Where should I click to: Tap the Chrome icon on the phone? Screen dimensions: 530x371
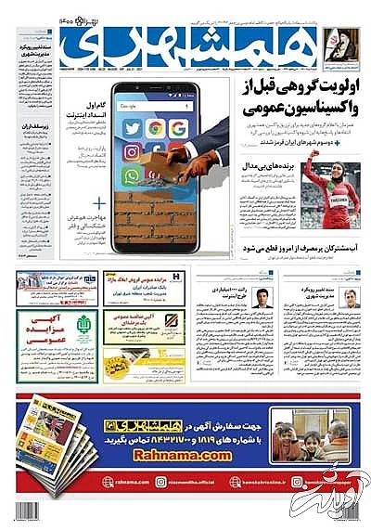point(156,127)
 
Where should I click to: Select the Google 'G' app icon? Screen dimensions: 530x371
point(177,126)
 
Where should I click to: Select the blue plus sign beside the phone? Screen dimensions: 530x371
point(99,200)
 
